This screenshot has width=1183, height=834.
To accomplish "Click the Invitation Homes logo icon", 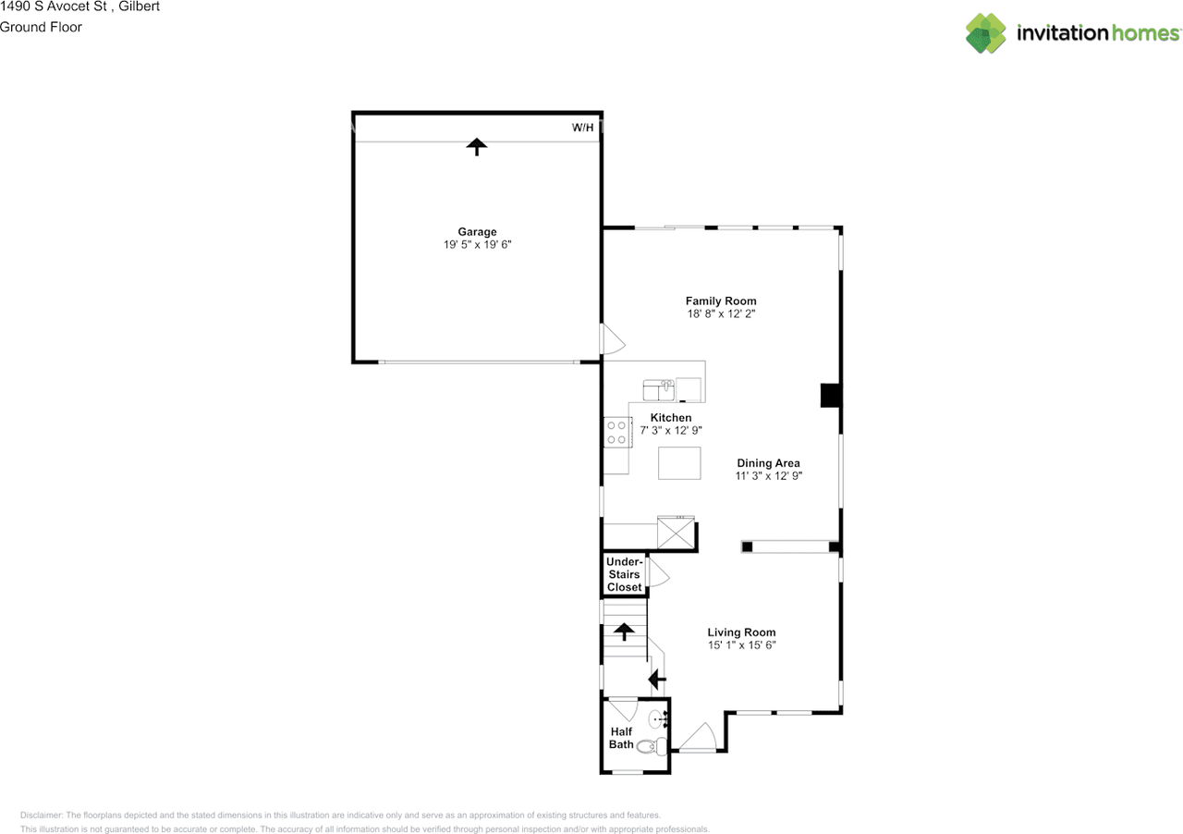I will [986, 33].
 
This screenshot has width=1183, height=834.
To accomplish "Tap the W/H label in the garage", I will [582, 128].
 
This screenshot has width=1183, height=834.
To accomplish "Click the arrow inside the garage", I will [476, 146].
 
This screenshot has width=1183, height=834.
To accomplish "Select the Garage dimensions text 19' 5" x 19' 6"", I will [477, 245].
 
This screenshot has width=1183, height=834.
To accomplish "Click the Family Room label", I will [721, 300].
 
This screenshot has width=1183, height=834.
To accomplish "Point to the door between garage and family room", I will [612, 339].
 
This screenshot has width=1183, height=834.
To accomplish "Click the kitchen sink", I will [659, 389].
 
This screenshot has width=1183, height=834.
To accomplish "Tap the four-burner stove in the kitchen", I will [616, 432].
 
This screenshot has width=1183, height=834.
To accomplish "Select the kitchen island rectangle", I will [678, 462].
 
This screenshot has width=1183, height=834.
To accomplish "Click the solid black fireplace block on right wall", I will [831, 396].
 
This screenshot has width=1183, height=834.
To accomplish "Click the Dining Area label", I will [768, 463].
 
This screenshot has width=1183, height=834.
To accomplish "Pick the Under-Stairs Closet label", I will [624, 574].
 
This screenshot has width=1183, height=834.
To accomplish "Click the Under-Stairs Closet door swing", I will [657, 573].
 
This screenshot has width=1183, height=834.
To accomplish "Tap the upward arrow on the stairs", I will [625, 632].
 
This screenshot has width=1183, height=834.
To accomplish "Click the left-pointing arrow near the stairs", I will [657, 681].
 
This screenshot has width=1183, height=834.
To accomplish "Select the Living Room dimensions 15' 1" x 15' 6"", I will [741, 645].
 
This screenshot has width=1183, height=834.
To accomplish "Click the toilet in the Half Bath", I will [651, 746].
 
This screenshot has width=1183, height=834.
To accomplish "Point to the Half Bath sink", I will [658, 717].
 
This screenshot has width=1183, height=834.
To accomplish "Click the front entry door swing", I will [698, 737].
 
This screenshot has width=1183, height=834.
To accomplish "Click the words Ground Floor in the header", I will [41, 27].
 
